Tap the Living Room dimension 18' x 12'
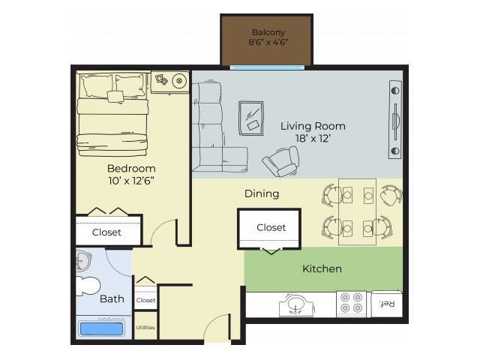[x=313, y=139]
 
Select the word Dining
[x=262, y=193]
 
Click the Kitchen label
[x=322, y=268]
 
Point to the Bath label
[x=112, y=298]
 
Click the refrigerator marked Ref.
[x=386, y=304]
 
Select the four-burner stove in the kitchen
[x=350, y=304]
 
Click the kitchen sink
[x=295, y=305]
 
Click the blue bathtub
[x=101, y=328]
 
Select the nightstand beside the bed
[x=171, y=81]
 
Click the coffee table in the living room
[x=250, y=117]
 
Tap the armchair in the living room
[x=280, y=160]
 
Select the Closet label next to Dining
[x=271, y=227]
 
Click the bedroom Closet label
[x=106, y=232]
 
